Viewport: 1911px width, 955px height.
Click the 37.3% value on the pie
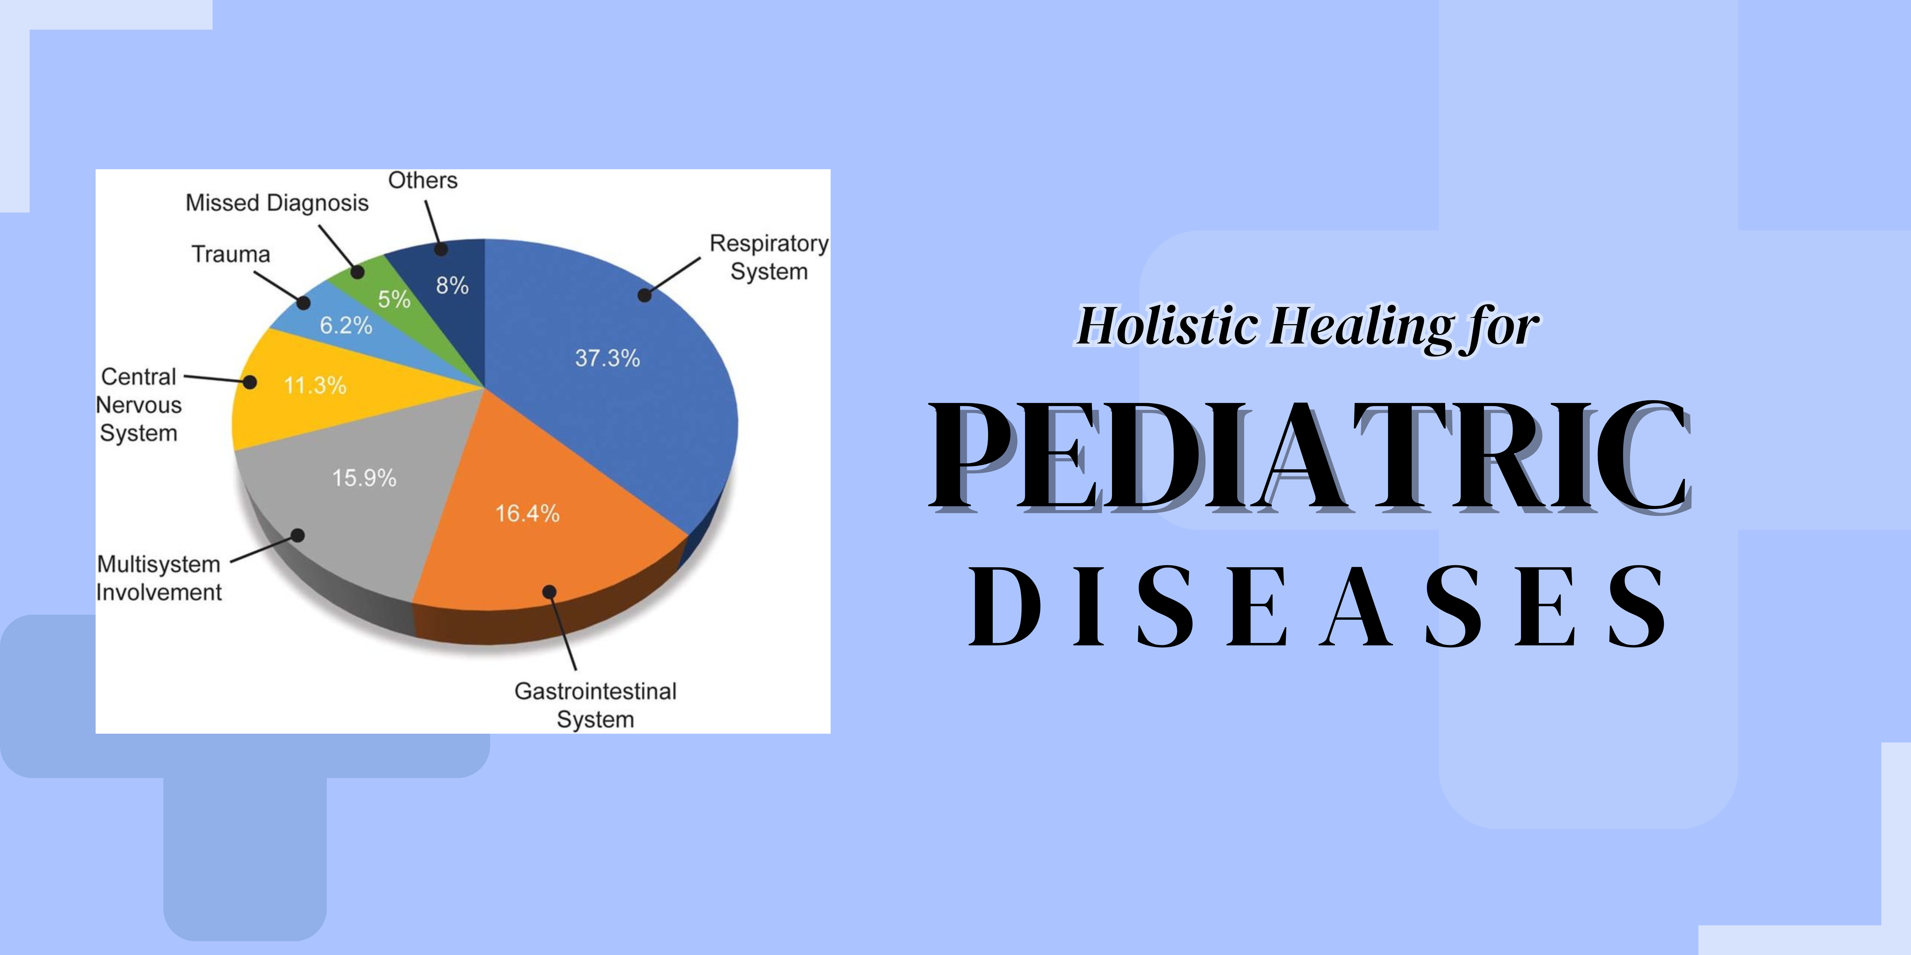pyautogui.click(x=608, y=358)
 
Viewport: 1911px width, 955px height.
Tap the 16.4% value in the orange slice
pyautogui.click(x=528, y=513)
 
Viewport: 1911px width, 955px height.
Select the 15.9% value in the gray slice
pyautogui.click(x=364, y=478)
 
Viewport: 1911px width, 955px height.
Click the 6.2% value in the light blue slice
pyautogui.click(x=346, y=325)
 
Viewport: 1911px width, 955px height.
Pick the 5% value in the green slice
pyautogui.click(x=394, y=299)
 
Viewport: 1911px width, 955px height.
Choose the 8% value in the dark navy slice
pyautogui.click(x=452, y=285)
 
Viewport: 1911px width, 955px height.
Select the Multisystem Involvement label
pyautogui.click(x=159, y=578)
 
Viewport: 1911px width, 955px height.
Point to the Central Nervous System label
pyautogui.click(x=139, y=405)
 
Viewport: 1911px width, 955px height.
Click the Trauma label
pyautogui.click(x=231, y=254)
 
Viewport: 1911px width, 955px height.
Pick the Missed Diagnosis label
pyautogui.click(x=277, y=203)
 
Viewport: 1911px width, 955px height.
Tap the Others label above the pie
pyautogui.click(x=423, y=180)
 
